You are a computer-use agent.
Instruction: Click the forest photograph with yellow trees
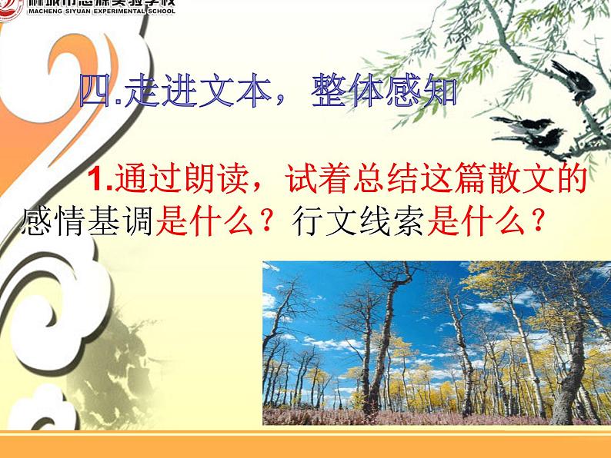tap(436, 343)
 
